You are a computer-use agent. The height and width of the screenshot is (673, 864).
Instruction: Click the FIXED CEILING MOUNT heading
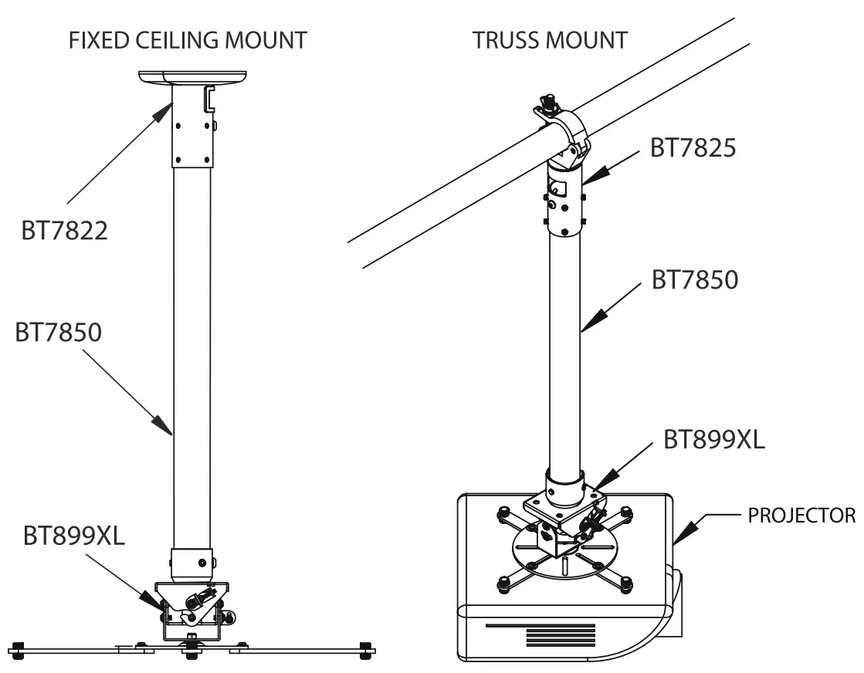pyautogui.click(x=188, y=40)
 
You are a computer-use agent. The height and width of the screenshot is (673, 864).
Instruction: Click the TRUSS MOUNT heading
pyautogui.click(x=550, y=40)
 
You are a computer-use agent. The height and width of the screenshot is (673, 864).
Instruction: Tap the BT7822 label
pyautogui.click(x=63, y=230)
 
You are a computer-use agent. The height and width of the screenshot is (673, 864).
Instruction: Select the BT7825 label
pyautogui.click(x=693, y=147)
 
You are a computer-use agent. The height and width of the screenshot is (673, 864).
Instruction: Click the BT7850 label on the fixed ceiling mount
pyautogui.click(x=59, y=333)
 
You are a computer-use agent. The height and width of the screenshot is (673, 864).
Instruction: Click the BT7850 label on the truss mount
pyautogui.click(x=695, y=279)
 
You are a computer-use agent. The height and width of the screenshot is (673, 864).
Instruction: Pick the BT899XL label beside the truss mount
pyautogui.click(x=714, y=438)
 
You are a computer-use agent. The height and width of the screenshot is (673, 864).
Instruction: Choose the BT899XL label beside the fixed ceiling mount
pyautogui.click(x=74, y=536)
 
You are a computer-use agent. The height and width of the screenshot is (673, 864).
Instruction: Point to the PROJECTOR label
pyautogui.click(x=801, y=515)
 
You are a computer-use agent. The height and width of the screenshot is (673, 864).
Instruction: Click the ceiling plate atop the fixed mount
pyautogui.click(x=192, y=77)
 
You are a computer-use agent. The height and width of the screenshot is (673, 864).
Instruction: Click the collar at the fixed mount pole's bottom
pyautogui.click(x=191, y=563)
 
